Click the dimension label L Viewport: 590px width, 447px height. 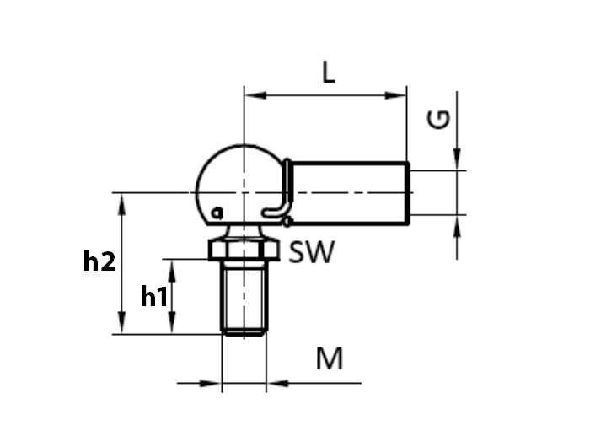click(329, 73)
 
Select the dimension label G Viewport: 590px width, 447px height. click(439, 120)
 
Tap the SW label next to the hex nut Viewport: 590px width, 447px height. click(311, 252)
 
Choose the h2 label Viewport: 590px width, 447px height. click(99, 262)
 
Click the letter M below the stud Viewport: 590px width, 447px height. click(330, 359)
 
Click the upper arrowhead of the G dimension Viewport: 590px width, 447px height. click(458, 160)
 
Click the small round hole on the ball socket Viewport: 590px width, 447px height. click(217, 211)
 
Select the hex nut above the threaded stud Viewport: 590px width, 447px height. click(244, 250)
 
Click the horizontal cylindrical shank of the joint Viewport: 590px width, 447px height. click(350, 193)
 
